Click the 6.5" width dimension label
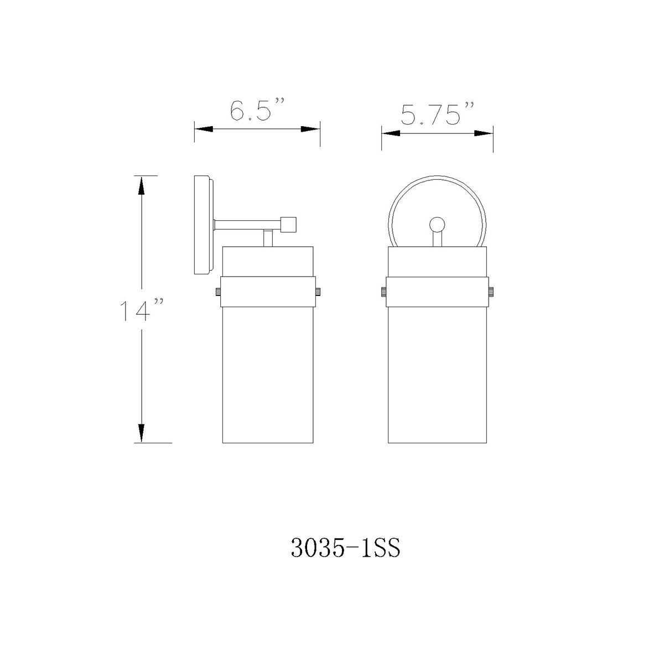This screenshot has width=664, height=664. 257,109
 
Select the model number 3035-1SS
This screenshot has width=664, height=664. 345,548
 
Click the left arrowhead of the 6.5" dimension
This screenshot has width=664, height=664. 204,129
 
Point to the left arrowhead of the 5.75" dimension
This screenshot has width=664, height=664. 391,133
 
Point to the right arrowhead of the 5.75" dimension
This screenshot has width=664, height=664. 484,133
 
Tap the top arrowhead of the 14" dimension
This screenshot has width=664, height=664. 141,185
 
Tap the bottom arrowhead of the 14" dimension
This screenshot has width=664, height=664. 141,433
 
